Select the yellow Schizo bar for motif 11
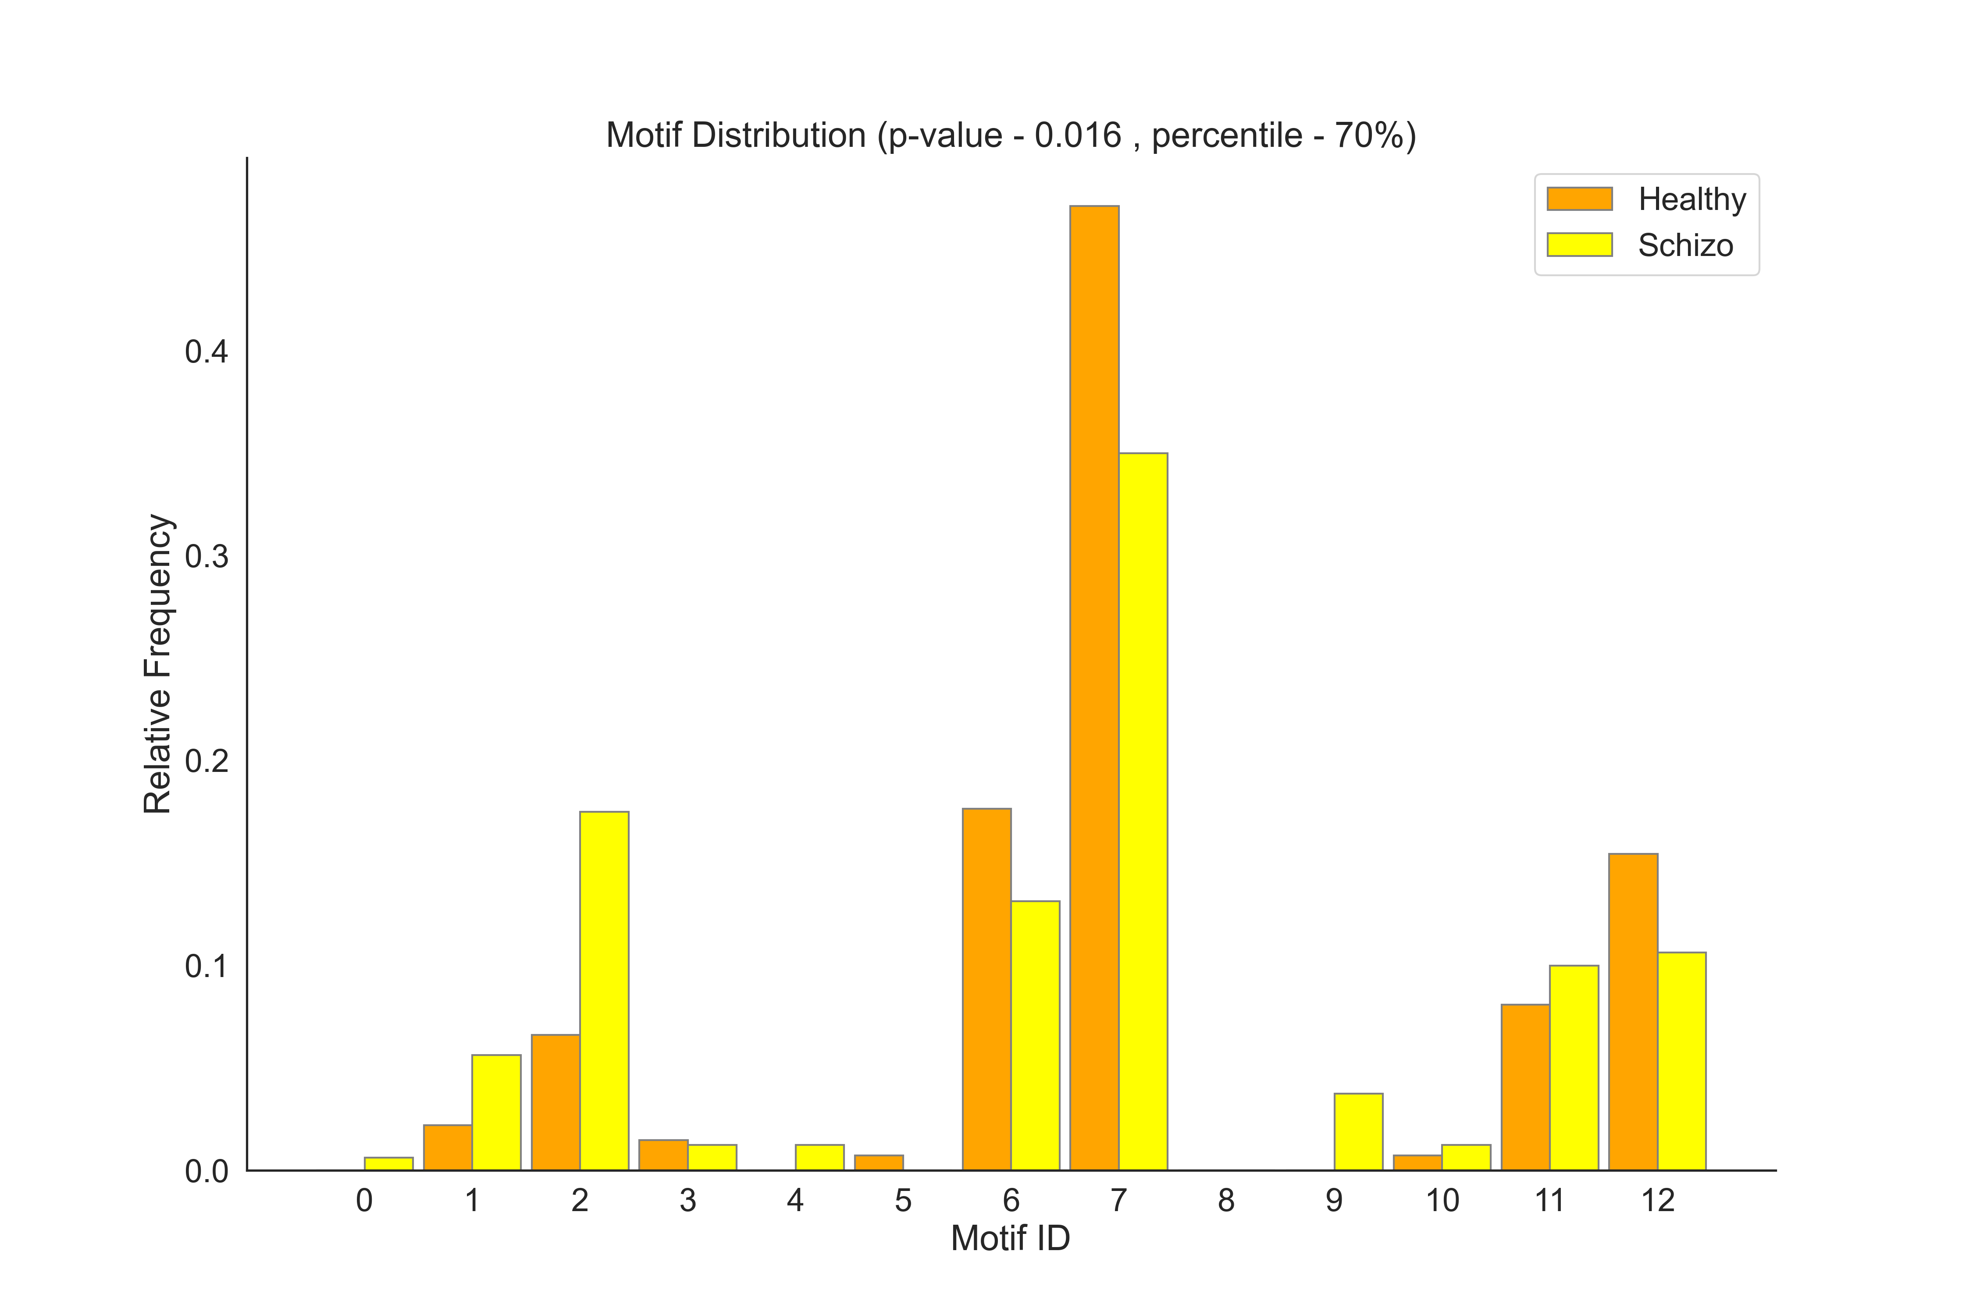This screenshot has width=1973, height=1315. click(x=1574, y=1068)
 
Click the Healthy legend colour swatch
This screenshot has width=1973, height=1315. click(x=1580, y=199)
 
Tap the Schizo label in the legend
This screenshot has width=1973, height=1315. click(x=1685, y=246)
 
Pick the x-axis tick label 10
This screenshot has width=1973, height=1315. click(x=1442, y=1201)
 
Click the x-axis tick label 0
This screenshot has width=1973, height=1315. click(x=364, y=1201)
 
